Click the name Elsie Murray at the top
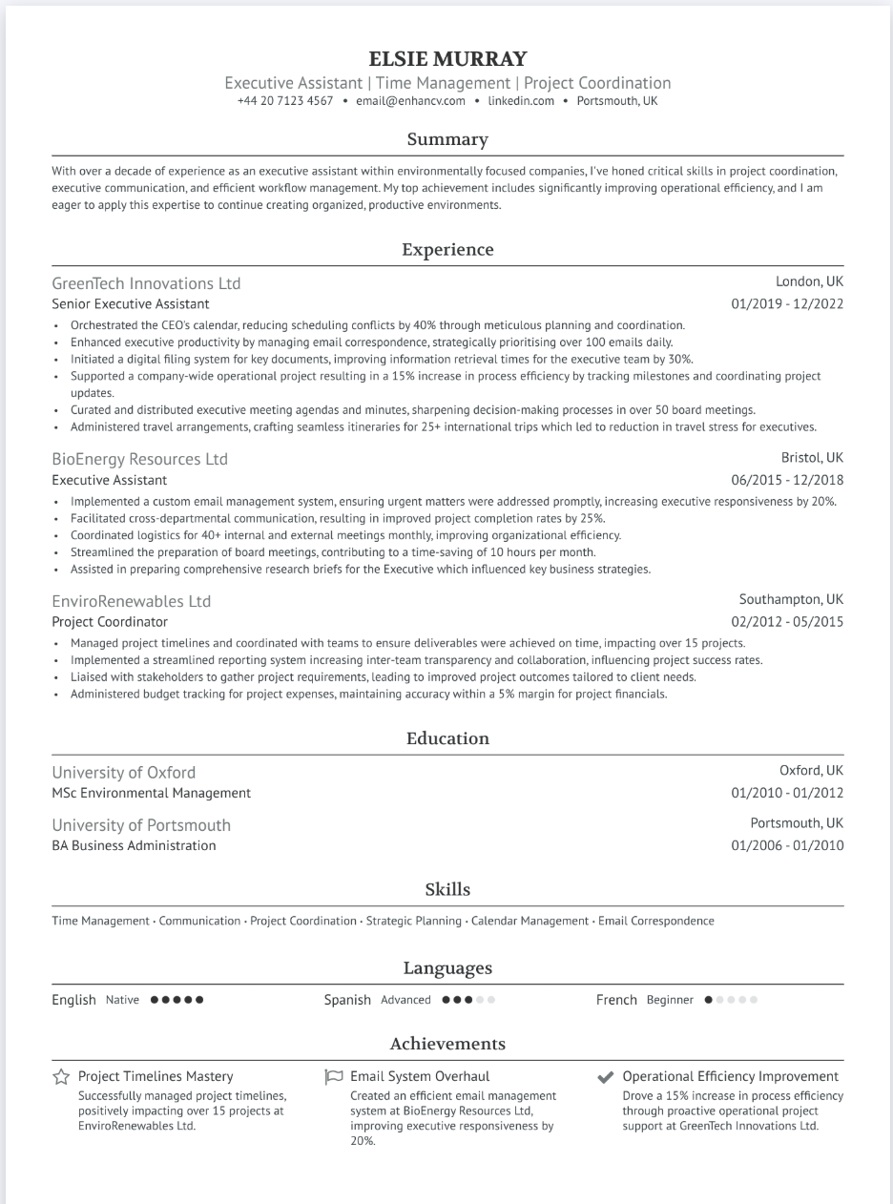click(446, 59)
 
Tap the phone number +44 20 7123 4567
click(285, 101)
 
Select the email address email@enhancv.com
click(410, 101)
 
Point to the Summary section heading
click(446, 139)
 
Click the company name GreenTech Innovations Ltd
click(146, 283)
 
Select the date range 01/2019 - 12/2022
click(787, 304)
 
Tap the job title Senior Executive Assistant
click(131, 304)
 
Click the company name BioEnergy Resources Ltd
click(139, 459)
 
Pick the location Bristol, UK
click(812, 458)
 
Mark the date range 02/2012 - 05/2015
click(787, 622)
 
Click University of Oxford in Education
click(123, 772)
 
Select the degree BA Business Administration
click(134, 845)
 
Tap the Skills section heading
click(446, 889)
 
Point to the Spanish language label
click(347, 1000)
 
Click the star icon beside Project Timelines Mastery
click(61, 1077)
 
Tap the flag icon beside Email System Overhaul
click(333, 1077)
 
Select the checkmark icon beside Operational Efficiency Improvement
click(605, 1077)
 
